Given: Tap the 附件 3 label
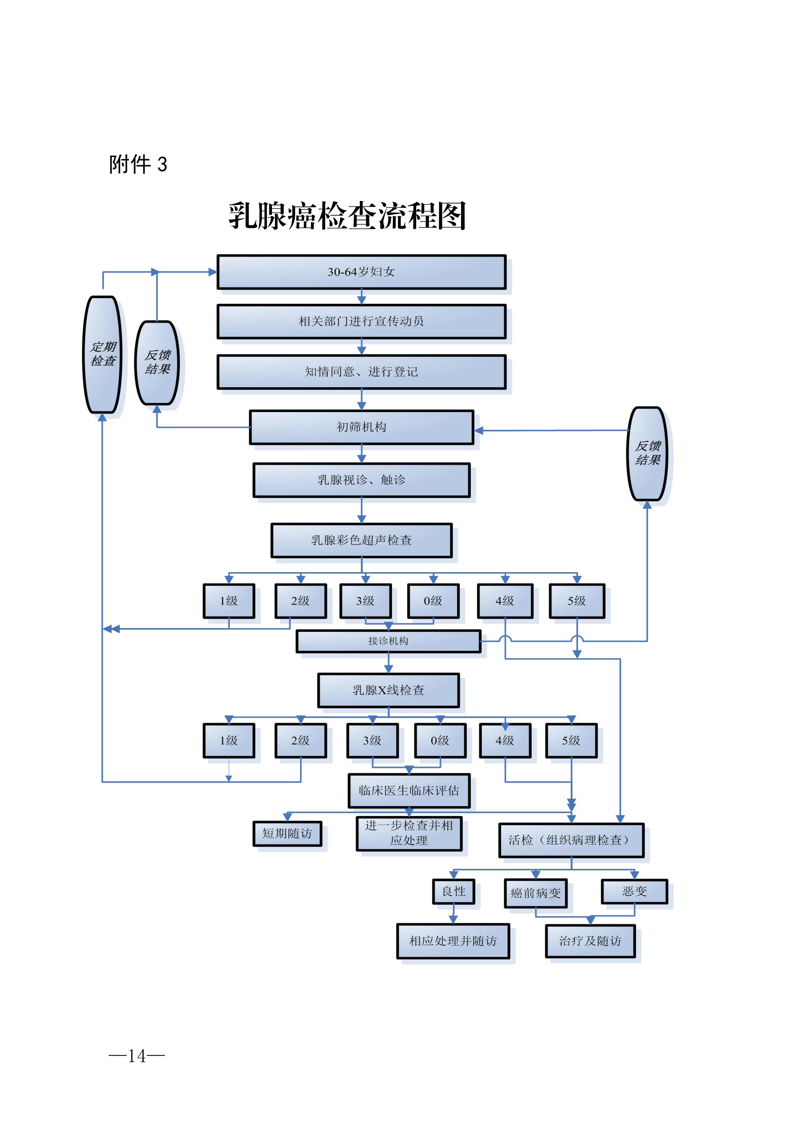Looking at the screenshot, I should pyautogui.click(x=138, y=164).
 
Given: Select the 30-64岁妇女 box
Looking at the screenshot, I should pyautogui.click(x=361, y=272).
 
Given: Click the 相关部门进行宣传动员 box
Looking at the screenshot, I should pyautogui.click(x=361, y=321).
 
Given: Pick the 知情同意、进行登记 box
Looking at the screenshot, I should pyautogui.click(x=361, y=372).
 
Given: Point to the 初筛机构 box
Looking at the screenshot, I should pyautogui.click(x=361, y=427).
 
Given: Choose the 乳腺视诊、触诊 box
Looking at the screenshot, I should pyautogui.click(x=361, y=480).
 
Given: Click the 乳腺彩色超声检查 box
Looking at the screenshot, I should pyautogui.click(x=361, y=540).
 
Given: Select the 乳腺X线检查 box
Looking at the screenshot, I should pyautogui.click(x=388, y=690).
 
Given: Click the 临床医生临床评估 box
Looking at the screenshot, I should pyautogui.click(x=409, y=791).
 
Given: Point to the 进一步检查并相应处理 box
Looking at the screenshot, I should pyautogui.click(x=409, y=833).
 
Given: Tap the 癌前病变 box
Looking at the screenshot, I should pyautogui.click(x=535, y=893).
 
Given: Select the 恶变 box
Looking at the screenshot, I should pyautogui.click(x=634, y=892).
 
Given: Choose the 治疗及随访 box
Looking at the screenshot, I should pyautogui.click(x=590, y=941).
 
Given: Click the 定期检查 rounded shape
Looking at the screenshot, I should pyautogui.click(x=103, y=354).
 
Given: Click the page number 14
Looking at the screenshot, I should pyautogui.click(x=137, y=1056).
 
